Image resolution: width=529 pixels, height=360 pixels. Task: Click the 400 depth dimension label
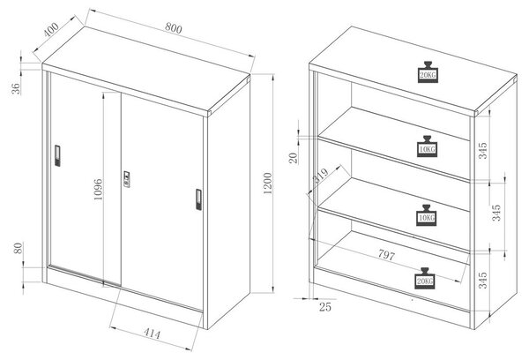coord(51,29)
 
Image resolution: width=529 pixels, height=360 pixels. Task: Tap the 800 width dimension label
coord(174,27)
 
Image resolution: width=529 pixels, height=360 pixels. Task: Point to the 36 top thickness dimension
coord(16,88)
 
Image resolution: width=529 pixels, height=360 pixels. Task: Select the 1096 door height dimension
coord(98,190)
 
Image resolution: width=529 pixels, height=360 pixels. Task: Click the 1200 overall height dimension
coord(267,184)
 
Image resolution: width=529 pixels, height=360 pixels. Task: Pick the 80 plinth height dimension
coord(19,248)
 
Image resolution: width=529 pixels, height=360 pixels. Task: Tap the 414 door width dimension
coord(153,334)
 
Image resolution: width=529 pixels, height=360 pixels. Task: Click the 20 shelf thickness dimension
coord(294,158)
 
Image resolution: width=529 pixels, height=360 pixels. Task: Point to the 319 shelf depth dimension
coord(320,176)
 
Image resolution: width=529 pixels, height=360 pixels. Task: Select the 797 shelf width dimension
coord(386,254)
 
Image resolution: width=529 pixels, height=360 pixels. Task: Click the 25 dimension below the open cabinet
coord(325,307)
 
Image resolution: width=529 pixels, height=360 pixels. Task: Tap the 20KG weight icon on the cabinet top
coord(428,72)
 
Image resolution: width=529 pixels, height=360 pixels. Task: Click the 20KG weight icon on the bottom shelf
coord(425,278)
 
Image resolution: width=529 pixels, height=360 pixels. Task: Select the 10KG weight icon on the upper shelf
coord(427,146)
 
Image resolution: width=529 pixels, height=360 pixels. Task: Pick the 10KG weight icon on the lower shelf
coord(427,215)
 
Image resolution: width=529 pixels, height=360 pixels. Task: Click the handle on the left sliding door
coord(57,155)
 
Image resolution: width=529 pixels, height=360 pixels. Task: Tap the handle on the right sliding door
coord(198,199)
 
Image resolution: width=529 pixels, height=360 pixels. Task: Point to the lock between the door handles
coord(126,179)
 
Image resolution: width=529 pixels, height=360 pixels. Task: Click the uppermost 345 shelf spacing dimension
coord(483,151)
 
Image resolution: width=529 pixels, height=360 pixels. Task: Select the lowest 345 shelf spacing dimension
coord(483,280)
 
